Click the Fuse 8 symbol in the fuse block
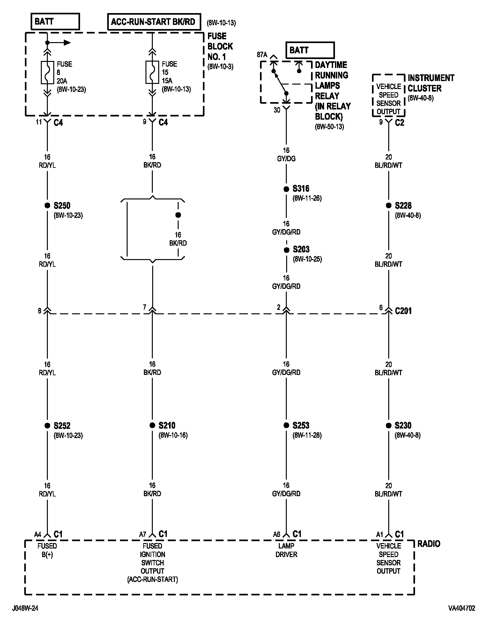[47, 72]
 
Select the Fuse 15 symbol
[152, 72]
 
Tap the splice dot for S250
[47, 205]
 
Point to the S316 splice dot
[286, 189]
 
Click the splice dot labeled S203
[286, 250]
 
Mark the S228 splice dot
[389, 205]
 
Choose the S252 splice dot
[47, 425]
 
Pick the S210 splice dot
[152, 425]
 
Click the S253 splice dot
[286, 425]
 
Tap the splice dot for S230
[389, 425]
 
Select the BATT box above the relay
[309, 50]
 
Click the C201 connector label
[403, 311]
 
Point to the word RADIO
[429, 544]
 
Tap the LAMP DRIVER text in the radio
[286, 550]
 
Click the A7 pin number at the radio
[142, 534]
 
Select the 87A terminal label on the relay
[262, 55]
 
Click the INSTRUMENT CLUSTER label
[430, 83]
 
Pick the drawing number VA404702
[461, 608]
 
